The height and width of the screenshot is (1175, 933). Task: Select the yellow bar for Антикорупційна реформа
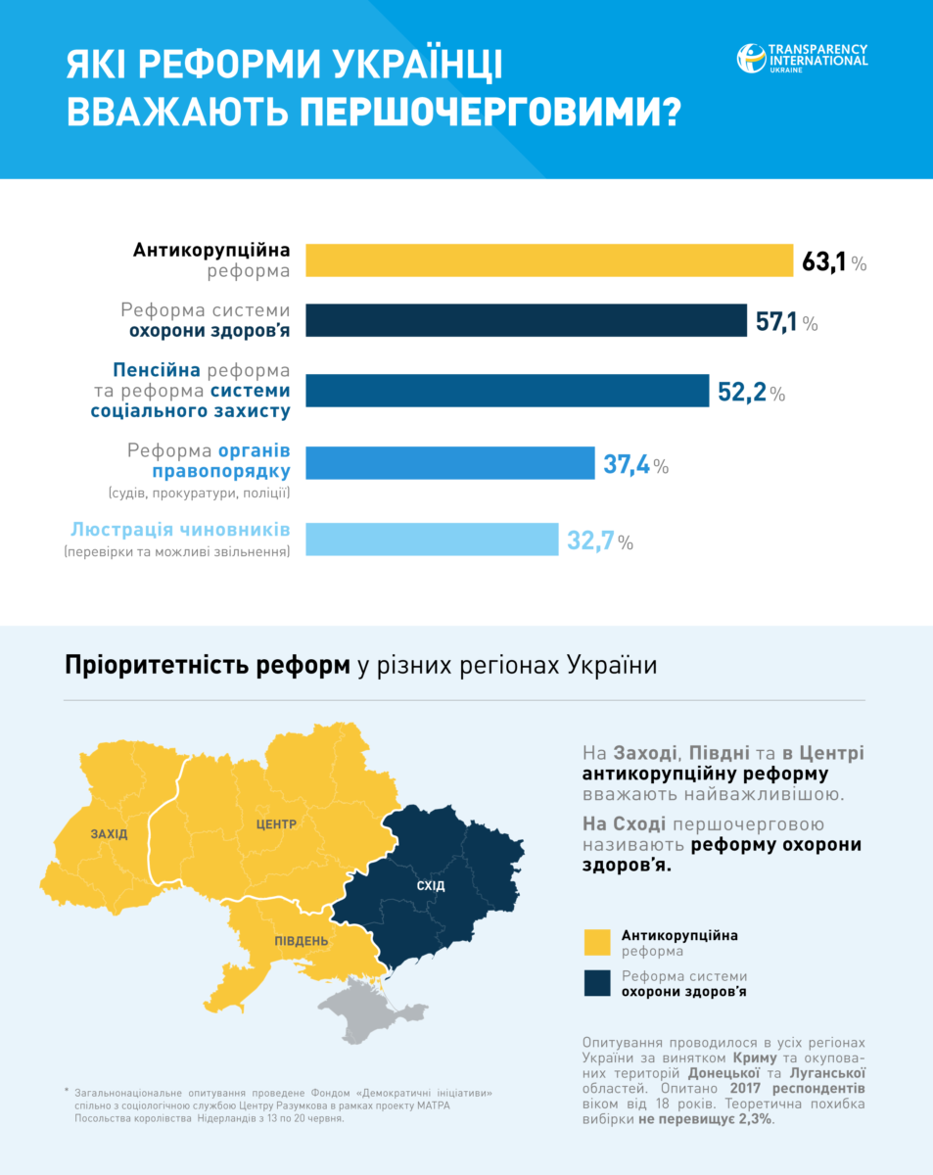click(549, 260)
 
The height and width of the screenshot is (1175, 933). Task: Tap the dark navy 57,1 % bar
click(527, 320)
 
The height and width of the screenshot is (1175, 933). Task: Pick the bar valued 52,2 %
click(507, 391)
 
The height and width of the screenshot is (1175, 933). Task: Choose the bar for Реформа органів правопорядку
click(450, 463)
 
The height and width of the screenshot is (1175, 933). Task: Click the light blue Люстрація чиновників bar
click(432, 539)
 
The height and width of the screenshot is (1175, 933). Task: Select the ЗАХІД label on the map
click(109, 834)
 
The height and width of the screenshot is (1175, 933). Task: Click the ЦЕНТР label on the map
click(275, 824)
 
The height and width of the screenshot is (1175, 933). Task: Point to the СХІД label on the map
click(431, 886)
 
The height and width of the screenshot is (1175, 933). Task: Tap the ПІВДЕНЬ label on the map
click(301, 941)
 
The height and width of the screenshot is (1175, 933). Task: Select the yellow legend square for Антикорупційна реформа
click(596, 942)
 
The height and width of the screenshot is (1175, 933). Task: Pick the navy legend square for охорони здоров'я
click(596, 983)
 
